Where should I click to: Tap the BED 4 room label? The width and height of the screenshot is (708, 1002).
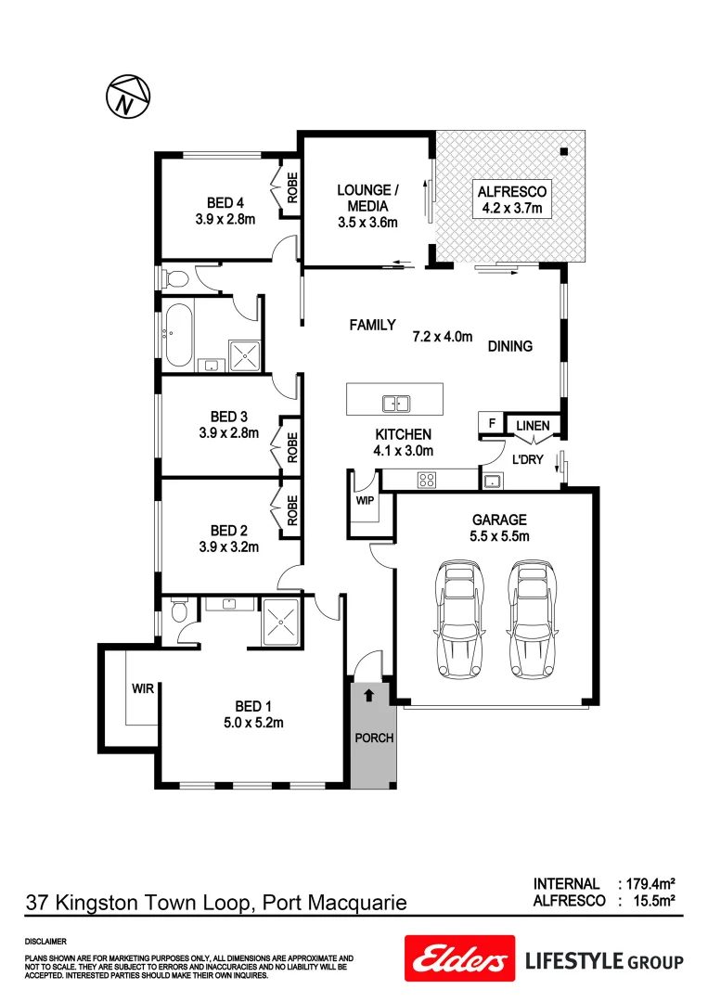pyautogui.click(x=225, y=203)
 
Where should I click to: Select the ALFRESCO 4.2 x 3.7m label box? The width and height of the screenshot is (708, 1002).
pyautogui.click(x=510, y=199)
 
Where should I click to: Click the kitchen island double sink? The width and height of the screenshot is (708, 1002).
pyautogui.click(x=397, y=403)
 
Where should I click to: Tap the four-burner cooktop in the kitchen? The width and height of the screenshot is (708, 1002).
pyautogui.click(x=427, y=480)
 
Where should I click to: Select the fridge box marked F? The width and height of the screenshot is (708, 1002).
pyautogui.click(x=489, y=423)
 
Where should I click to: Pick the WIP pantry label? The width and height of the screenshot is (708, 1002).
pyautogui.click(x=363, y=500)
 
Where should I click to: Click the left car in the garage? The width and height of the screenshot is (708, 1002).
pyautogui.click(x=459, y=619)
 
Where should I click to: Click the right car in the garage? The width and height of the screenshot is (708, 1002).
pyautogui.click(x=532, y=619)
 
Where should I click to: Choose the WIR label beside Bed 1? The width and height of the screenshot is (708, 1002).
pyautogui.click(x=142, y=688)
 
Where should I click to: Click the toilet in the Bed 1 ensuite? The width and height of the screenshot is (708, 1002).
pyautogui.click(x=179, y=613)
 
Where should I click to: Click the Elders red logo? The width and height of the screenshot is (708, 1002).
pyautogui.click(x=458, y=958)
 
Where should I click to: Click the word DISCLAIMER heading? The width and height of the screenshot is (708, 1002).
pyautogui.click(x=45, y=941)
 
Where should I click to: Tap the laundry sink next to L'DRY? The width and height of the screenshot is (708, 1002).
pyautogui.click(x=491, y=480)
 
